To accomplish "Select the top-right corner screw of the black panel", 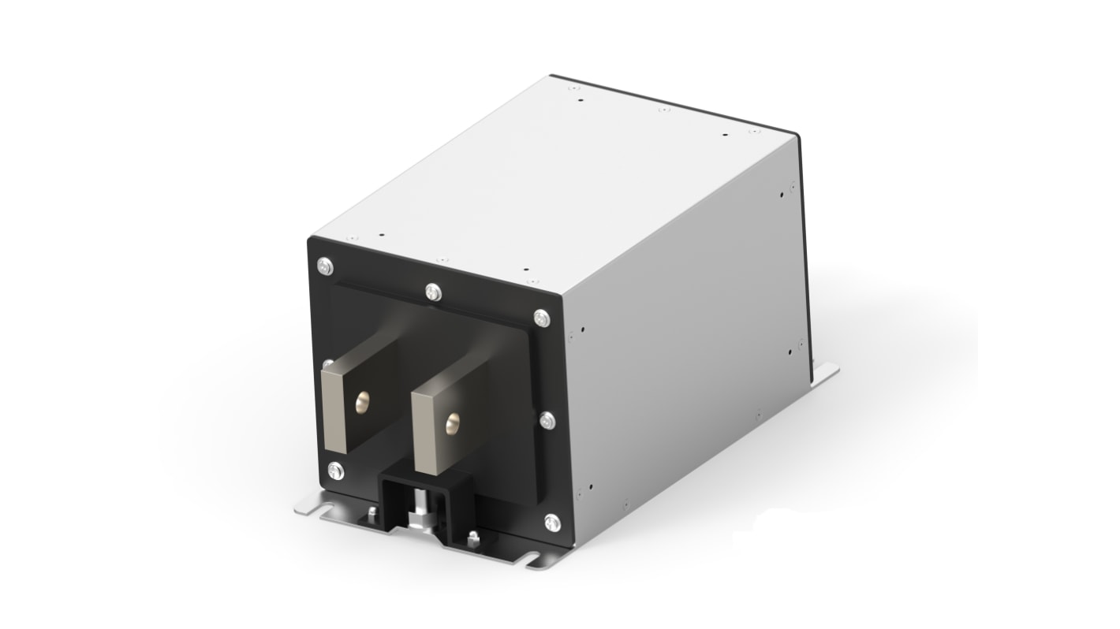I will coord(540,318).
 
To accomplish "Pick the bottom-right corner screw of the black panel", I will coord(552,520).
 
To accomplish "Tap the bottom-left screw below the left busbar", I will coord(334,472).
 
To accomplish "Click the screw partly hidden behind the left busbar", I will coord(326,365).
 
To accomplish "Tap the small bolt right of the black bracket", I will coord(472,540).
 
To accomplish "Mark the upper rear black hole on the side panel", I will coord(791,188).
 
